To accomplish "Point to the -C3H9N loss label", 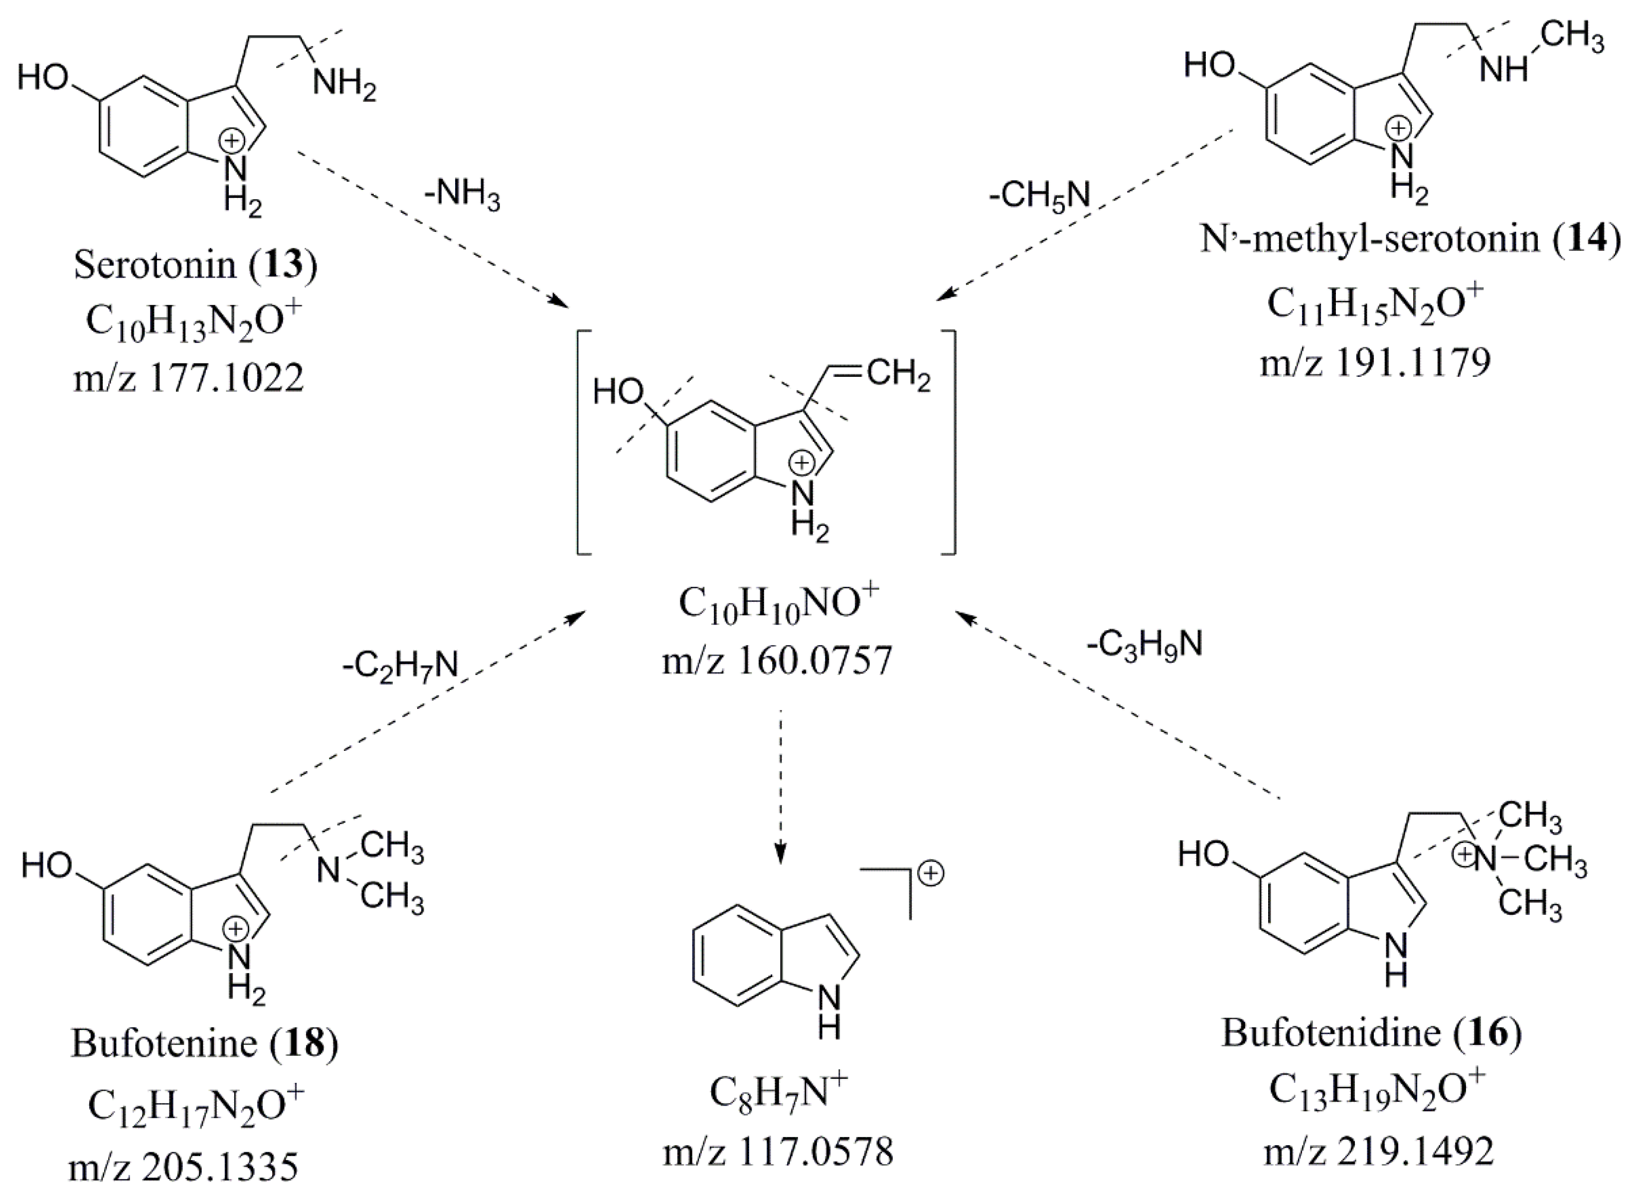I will pos(1144,644).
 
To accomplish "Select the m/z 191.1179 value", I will pos(1375,363).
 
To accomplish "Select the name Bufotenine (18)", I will pos(204,1043).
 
